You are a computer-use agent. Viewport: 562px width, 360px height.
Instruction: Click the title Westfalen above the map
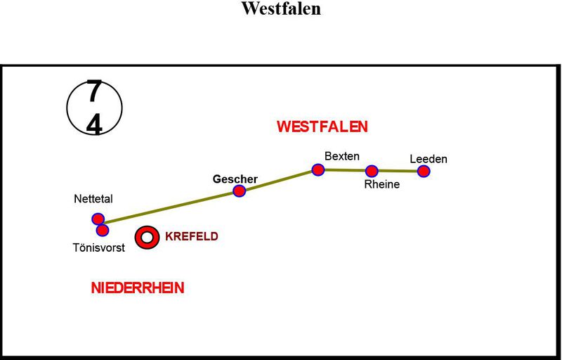click(281, 9)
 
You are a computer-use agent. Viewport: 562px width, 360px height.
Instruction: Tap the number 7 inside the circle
click(94, 92)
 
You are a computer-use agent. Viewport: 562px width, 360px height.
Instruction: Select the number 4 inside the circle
click(94, 124)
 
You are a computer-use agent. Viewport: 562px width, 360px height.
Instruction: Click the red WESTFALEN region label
click(322, 127)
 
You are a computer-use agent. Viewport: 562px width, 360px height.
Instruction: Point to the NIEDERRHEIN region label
click(138, 288)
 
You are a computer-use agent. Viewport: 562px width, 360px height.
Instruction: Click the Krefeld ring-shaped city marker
click(147, 237)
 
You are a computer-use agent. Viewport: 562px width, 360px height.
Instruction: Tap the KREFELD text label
click(191, 237)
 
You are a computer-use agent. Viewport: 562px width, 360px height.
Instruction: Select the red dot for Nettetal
click(98, 219)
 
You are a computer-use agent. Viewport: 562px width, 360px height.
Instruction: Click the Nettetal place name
click(93, 200)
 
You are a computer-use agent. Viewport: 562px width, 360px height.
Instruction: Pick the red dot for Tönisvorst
click(103, 230)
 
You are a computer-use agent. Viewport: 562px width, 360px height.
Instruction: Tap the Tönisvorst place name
click(98, 247)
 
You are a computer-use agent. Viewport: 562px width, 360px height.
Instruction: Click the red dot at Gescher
click(239, 191)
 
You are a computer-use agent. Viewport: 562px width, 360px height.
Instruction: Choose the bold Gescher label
click(235, 179)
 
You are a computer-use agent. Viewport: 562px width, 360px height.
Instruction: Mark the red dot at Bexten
click(318, 169)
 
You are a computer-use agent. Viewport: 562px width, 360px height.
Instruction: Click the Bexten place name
click(342, 156)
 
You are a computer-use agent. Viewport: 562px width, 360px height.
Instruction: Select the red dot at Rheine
click(372, 170)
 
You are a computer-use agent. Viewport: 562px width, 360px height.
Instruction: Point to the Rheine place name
click(381, 185)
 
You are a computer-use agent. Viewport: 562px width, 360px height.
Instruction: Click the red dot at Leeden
click(423, 171)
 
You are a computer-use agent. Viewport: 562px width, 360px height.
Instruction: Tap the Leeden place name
click(429, 159)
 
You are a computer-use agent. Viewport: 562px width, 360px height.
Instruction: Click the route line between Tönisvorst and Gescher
click(172, 207)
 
